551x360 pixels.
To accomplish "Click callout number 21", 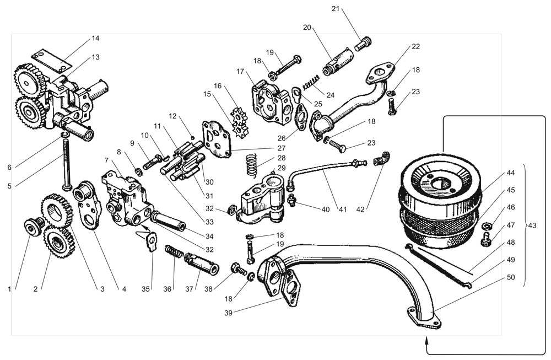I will click(336, 9).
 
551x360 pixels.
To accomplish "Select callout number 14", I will click(96, 38).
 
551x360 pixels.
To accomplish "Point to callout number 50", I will click(511, 277).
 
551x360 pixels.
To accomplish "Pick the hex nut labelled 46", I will click(487, 227).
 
